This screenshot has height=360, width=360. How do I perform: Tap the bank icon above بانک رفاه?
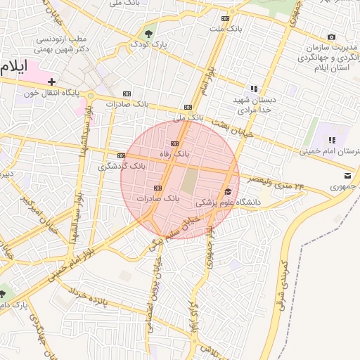[x=174, y=143]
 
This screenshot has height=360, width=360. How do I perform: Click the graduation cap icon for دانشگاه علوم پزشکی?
[x=226, y=191]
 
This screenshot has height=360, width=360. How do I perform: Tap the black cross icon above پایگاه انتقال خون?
[x=51, y=82]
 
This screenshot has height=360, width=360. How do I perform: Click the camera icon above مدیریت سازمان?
[x=331, y=37]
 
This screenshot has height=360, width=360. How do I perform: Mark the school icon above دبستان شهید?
[x=254, y=89]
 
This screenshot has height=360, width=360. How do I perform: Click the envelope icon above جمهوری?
[x=347, y=175]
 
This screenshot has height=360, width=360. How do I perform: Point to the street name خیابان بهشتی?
[x=221, y=127]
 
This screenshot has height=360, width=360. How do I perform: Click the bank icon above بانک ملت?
[x=225, y=18]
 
